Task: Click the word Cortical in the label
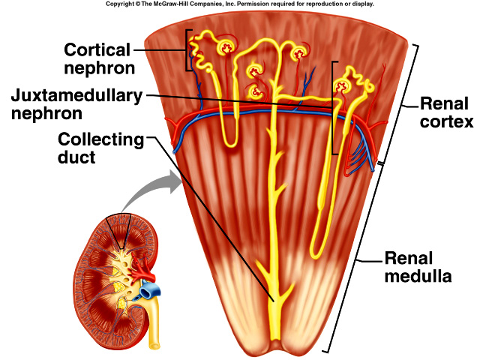[x=96, y=50]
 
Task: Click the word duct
[x=79, y=158]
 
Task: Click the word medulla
[x=418, y=277]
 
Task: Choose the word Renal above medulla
[x=409, y=259]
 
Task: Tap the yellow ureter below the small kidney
[x=153, y=330]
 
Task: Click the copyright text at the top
[x=239, y=4]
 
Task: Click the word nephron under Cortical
[x=99, y=68]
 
